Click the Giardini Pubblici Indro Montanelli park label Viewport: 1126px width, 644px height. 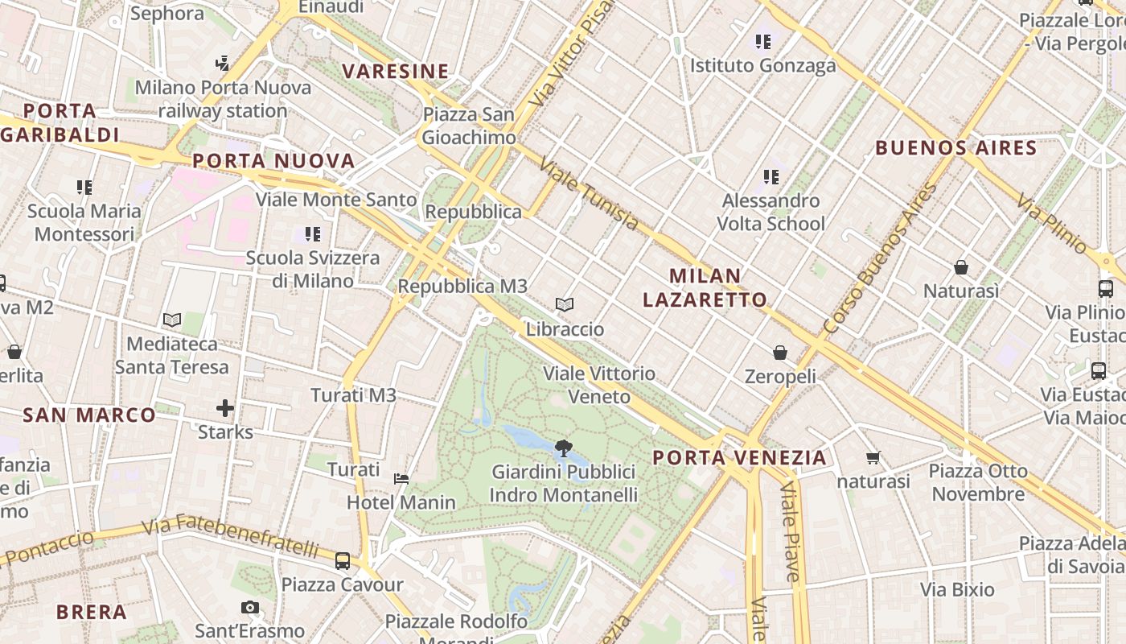coord(564,483)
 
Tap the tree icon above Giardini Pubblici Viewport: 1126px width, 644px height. coord(563,448)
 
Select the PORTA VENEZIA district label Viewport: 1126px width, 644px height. coord(739,458)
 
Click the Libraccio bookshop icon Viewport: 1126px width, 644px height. coord(565,305)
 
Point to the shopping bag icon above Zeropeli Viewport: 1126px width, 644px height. coord(779,353)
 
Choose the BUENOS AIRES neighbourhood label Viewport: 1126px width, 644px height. coord(956,148)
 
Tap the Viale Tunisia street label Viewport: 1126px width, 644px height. coord(589,194)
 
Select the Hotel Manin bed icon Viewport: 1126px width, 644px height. coord(401,478)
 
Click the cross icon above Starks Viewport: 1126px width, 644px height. coord(225,408)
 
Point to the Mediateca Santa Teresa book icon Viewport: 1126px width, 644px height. coord(171,320)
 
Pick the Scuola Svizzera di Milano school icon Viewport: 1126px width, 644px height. coord(313,234)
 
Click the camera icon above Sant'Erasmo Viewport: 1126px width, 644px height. coord(250,608)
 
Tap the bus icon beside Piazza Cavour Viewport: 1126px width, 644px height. coord(343,560)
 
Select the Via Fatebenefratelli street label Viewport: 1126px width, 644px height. coord(231,537)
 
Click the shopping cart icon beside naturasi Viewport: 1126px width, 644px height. coord(873,458)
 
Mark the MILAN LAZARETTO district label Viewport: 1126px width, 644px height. coord(705,288)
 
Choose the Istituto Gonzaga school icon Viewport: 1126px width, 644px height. coord(762,41)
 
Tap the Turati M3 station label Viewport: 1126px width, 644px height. coord(354,395)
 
